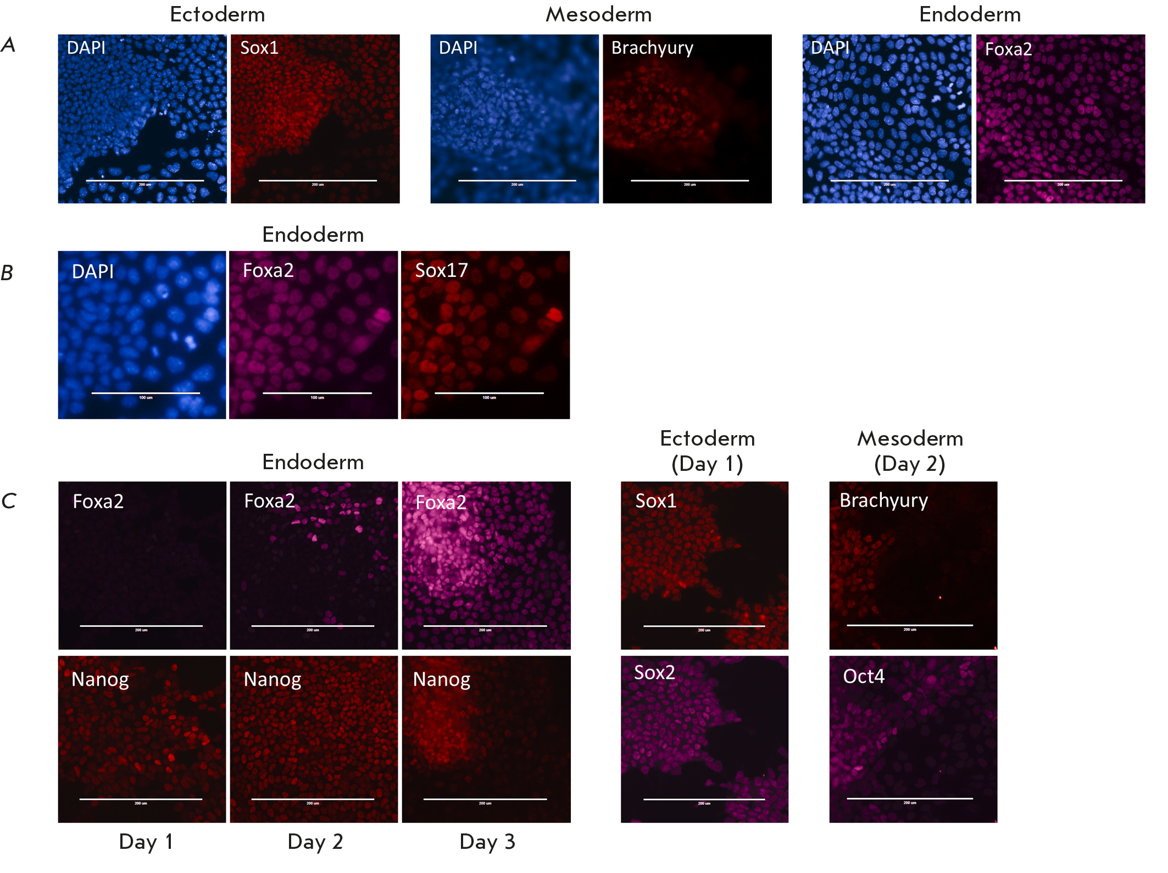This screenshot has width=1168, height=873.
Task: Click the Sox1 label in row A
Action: point(259,48)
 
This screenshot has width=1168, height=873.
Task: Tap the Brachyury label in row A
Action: point(652,48)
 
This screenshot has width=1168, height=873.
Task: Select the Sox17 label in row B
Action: point(441,270)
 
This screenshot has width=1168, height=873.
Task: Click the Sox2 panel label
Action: point(654,672)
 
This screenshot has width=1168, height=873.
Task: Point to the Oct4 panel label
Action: point(864,676)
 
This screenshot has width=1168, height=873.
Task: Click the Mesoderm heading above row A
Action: point(598,14)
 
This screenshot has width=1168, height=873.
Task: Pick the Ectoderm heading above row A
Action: point(218,14)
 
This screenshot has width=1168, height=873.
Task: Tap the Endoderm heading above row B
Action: point(313,235)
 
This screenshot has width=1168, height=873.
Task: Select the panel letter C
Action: point(8,501)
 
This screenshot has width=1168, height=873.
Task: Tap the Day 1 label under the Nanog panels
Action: point(146,842)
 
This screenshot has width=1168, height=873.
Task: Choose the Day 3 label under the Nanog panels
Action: point(487,842)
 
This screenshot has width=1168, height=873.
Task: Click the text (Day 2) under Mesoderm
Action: point(910,464)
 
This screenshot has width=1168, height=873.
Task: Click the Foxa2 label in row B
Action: point(268,270)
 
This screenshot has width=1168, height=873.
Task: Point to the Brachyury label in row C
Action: point(883,501)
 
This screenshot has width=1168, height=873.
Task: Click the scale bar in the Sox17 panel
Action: point(489,393)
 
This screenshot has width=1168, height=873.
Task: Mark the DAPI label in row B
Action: point(92,271)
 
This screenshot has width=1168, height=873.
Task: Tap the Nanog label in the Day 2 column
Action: point(272,680)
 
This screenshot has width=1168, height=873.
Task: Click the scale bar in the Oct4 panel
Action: point(910,798)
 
